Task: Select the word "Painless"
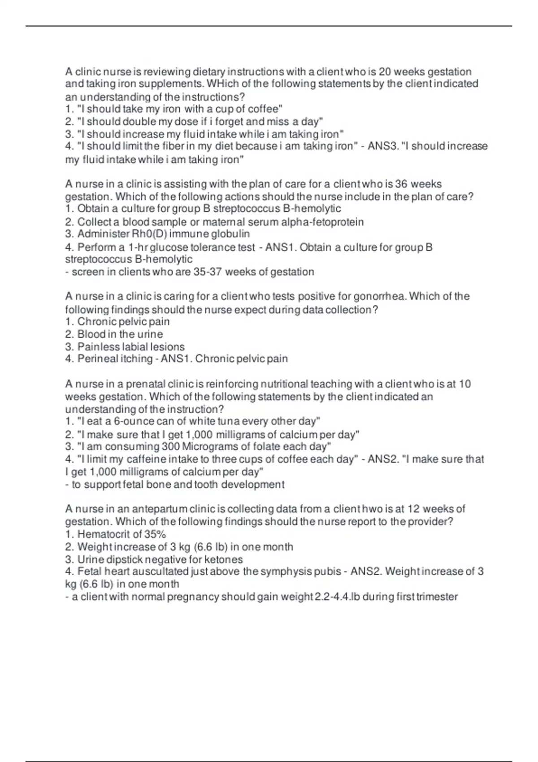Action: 96,347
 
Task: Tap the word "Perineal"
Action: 96,359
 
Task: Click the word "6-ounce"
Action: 134,421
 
